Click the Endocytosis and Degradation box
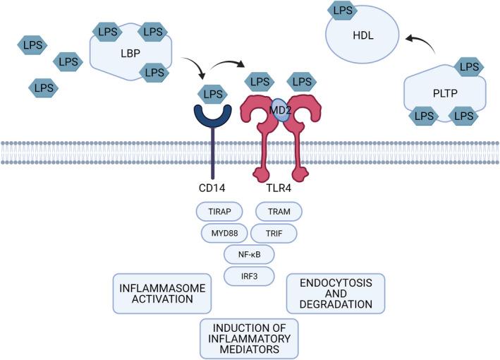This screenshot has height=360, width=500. (x=335, y=292)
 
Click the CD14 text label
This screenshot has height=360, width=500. (x=211, y=188)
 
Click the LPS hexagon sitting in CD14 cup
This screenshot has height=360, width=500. (x=212, y=93)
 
